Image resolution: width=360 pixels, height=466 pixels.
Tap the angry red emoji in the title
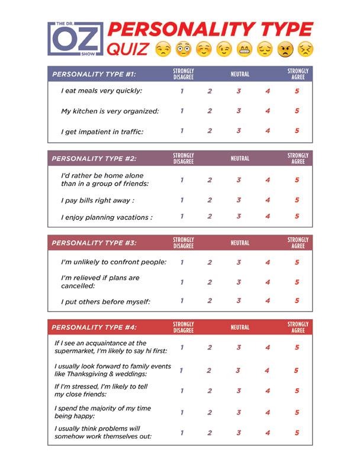pos(286,49)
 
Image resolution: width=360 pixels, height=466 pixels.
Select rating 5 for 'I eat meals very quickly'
pos(297,91)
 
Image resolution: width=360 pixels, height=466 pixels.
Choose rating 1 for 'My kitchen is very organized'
pos(182,111)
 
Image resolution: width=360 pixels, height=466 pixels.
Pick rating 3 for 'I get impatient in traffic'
pos(239,131)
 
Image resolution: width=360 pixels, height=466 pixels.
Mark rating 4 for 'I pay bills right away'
pos(268,200)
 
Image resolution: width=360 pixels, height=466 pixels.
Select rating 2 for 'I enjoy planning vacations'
pos(210,217)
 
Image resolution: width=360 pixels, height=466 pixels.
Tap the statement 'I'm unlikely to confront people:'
pos(114,262)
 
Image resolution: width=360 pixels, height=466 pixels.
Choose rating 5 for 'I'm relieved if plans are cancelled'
pos(297,282)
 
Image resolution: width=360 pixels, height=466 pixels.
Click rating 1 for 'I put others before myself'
pos(182,301)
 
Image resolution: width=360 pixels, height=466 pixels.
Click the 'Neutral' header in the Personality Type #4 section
pos(239,327)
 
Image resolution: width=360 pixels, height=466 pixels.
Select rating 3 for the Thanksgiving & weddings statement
pos(237,371)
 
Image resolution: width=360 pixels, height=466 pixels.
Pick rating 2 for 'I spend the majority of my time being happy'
pos(210,412)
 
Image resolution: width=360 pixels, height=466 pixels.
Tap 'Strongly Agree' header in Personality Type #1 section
pos(298,74)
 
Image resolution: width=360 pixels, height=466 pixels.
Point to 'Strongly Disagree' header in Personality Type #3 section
pos(184,243)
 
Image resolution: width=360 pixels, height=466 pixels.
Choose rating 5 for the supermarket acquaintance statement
pos(297,347)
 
